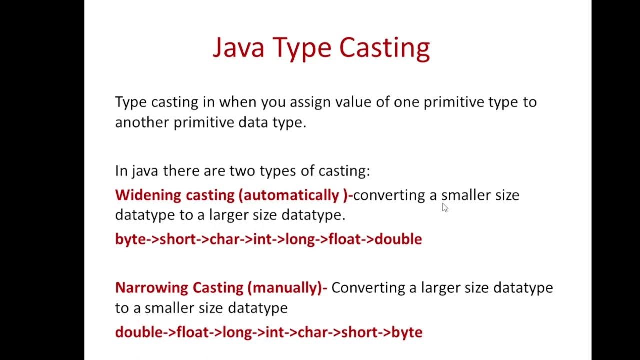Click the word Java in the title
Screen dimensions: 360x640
pos(238,48)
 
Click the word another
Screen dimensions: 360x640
pos(142,122)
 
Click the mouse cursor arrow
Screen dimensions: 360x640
pos(445,207)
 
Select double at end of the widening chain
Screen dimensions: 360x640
pos(398,239)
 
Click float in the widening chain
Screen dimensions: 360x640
pos(345,239)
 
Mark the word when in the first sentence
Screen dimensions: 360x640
pos(234,102)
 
